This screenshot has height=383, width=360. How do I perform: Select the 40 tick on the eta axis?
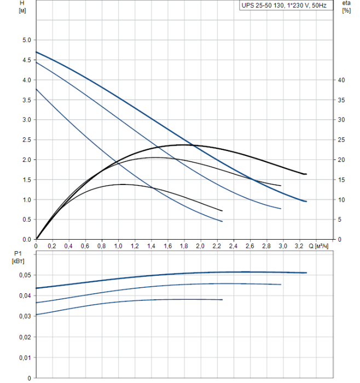pyautogui.click(x=342, y=80)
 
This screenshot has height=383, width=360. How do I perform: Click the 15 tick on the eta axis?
pyautogui.click(x=342, y=179)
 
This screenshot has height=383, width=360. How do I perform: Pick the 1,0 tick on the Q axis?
pyautogui.click(x=118, y=247)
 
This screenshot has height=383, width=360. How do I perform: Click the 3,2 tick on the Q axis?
pyautogui.click(x=299, y=247)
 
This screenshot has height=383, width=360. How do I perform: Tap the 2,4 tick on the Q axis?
pyautogui.click(x=233, y=247)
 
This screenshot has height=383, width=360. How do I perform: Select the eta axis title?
pyautogui.click(x=346, y=3)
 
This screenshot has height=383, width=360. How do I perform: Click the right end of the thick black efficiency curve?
pyautogui.click(x=306, y=174)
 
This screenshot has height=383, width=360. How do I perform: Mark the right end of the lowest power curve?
pyautogui.click(x=223, y=300)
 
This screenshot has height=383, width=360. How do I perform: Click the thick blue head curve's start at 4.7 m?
pyautogui.click(x=36, y=52)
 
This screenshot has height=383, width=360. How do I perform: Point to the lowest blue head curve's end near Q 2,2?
pyautogui.click(x=222, y=221)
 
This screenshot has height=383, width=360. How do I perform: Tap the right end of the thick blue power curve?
pyautogui.click(x=306, y=272)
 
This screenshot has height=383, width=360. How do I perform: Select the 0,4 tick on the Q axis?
pyautogui.click(x=68, y=247)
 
